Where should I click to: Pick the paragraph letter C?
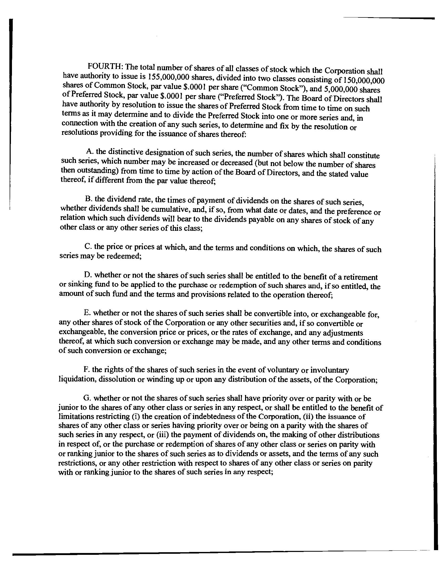point(88,246)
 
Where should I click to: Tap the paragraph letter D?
point(87,275)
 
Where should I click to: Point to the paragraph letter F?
point(86,369)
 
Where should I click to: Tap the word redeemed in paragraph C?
point(124,256)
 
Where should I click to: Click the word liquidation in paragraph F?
point(77,379)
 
